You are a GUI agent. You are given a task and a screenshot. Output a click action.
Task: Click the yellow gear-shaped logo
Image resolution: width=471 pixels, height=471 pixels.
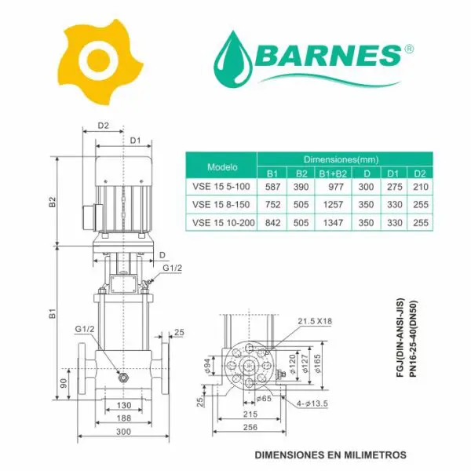[99, 60]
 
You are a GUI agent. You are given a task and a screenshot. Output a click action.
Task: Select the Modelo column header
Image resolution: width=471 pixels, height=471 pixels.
[222, 167]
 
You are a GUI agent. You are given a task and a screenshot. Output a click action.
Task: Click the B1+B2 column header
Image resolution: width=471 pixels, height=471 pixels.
[333, 173]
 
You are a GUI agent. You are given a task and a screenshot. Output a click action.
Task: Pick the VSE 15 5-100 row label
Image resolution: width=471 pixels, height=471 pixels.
[221, 187]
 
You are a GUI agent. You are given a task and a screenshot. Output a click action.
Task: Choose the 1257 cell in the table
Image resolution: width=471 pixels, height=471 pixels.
[333, 205]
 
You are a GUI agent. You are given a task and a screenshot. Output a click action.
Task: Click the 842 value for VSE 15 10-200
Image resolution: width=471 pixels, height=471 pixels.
[272, 223]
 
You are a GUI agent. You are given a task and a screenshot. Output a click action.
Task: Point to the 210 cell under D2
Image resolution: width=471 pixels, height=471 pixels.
[421, 187]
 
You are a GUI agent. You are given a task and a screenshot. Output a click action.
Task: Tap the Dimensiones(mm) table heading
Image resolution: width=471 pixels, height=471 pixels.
[341, 159]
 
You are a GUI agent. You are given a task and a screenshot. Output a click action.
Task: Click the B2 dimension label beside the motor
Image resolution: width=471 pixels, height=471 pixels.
[53, 202]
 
